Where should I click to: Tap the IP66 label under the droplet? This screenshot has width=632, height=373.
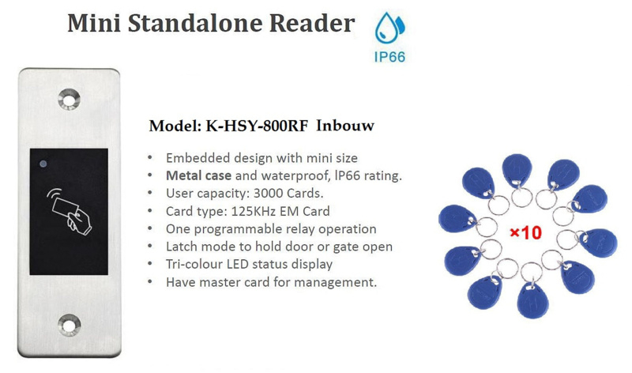pyautogui.click(x=389, y=57)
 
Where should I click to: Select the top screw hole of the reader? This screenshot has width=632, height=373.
pyautogui.click(x=69, y=100)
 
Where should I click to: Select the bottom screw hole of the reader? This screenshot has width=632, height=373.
pyautogui.click(x=69, y=325)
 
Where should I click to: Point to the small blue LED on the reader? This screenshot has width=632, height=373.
pyautogui.click(x=43, y=164)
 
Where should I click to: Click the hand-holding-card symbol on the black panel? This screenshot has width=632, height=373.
pyautogui.click(x=70, y=211)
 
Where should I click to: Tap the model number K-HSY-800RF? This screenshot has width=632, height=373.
pyautogui.click(x=257, y=126)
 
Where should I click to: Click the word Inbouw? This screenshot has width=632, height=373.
pyautogui.click(x=345, y=126)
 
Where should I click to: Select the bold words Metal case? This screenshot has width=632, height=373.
pyautogui.click(x=199, y=175)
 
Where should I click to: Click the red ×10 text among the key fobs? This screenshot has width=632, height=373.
pyautogui.click(x=526, y=232)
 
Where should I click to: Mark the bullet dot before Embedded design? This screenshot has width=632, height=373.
pyautogui.click(x=150, y=158)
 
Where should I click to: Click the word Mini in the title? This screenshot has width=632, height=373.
pyautogui.click(x=94, y=23)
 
